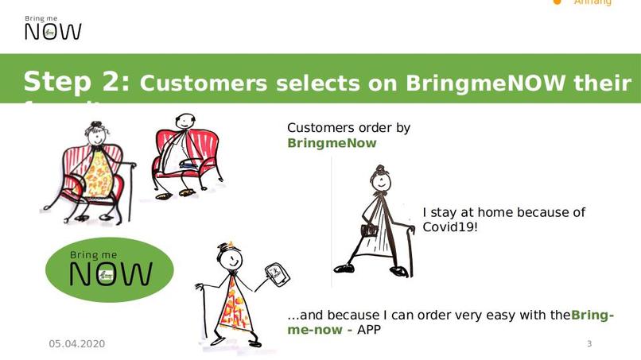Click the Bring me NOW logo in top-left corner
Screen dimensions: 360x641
(52, 27)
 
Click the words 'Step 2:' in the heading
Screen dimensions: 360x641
(76, 82)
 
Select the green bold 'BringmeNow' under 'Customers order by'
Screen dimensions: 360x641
(332, 144)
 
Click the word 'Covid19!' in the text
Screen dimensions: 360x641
(450, 227)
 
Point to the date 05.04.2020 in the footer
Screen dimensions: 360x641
(77, 344)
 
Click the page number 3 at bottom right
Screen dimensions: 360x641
(589, 344)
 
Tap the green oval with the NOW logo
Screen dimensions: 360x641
(109, 270)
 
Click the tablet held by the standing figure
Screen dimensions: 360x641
(277, 275)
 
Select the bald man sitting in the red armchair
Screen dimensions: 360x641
(184, 155)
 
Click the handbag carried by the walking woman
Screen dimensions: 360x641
(368, 230)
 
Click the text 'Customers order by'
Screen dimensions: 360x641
(348, 128)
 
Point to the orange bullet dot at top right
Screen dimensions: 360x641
(557, 2)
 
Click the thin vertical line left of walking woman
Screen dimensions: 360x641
(332, 223)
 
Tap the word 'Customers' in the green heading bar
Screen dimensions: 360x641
(205, 83)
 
